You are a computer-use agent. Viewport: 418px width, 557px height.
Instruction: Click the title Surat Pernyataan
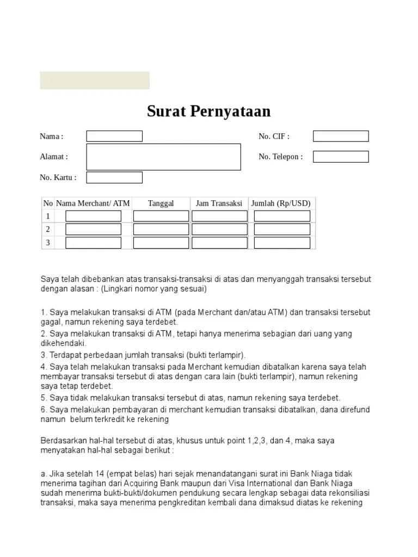coord(208,112)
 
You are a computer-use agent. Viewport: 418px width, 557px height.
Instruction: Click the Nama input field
coord(114,136)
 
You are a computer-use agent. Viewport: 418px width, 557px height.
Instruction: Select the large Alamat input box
coord(163,157)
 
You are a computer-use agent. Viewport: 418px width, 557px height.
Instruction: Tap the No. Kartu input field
coord(114,177)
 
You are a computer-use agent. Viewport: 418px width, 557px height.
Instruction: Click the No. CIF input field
coord(341,136)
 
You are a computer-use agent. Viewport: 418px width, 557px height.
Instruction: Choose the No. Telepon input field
coord(341,157)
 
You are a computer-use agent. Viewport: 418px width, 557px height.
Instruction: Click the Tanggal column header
coord(161,203)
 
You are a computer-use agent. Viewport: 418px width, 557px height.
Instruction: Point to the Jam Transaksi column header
coord(219,203)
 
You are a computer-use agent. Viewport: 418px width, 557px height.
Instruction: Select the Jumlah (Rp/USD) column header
coord(281,203)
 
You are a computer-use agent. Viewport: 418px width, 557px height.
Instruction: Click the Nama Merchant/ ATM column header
coord(93,203)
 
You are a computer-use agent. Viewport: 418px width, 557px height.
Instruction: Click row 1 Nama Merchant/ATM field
coord(93,216)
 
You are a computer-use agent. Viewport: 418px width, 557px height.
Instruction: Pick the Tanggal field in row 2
coord(161,229)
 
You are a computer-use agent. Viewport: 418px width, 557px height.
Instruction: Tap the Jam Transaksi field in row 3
coord(219,243)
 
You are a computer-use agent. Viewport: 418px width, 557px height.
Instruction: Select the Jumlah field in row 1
coord(282,216)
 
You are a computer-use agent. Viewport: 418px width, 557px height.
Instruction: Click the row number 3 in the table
coord(48,243)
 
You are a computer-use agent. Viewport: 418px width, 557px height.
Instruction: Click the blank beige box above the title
coord(95,80)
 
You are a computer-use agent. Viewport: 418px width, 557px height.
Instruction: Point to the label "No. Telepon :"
coord(280,157)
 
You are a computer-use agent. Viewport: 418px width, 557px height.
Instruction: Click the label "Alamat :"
coord(54,157)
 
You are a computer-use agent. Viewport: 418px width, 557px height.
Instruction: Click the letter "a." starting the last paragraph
coord(44,474)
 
